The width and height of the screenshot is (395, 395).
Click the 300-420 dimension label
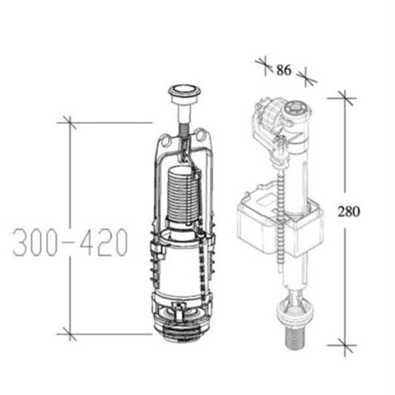[70, 243]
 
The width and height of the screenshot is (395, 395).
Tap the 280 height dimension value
[349, 211]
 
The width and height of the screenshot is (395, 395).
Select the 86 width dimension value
[284, 70]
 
